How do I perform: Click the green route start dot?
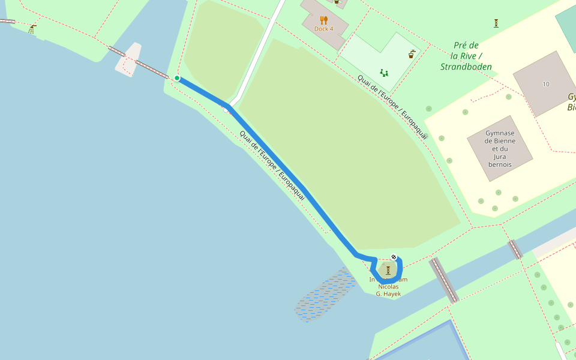(176, 78)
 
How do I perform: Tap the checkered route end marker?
(394, 258)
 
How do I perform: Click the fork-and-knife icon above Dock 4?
(324, 20)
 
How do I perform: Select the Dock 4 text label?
(323, 29)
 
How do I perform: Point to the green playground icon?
(384, 73)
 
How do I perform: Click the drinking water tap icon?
(412, 54)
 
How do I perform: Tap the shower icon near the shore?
(32, 28)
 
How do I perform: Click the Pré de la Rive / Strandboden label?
(466, 56)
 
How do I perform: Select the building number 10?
(546, 84)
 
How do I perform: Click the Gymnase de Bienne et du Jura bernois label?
(500, 148)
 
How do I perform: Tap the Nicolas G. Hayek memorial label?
(388, 287)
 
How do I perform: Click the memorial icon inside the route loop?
(388, 270)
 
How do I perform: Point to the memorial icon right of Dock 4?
(496, 23)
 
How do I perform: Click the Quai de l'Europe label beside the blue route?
(272, 165)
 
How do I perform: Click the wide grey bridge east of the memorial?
(444, 280)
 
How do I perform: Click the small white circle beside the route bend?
(226, 110)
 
